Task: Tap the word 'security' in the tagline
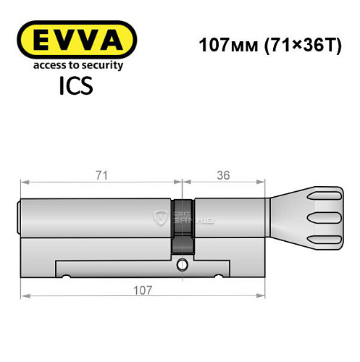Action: point(101,65)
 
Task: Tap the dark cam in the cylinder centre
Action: point(183,224)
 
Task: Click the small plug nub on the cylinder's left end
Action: point(20,216)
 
